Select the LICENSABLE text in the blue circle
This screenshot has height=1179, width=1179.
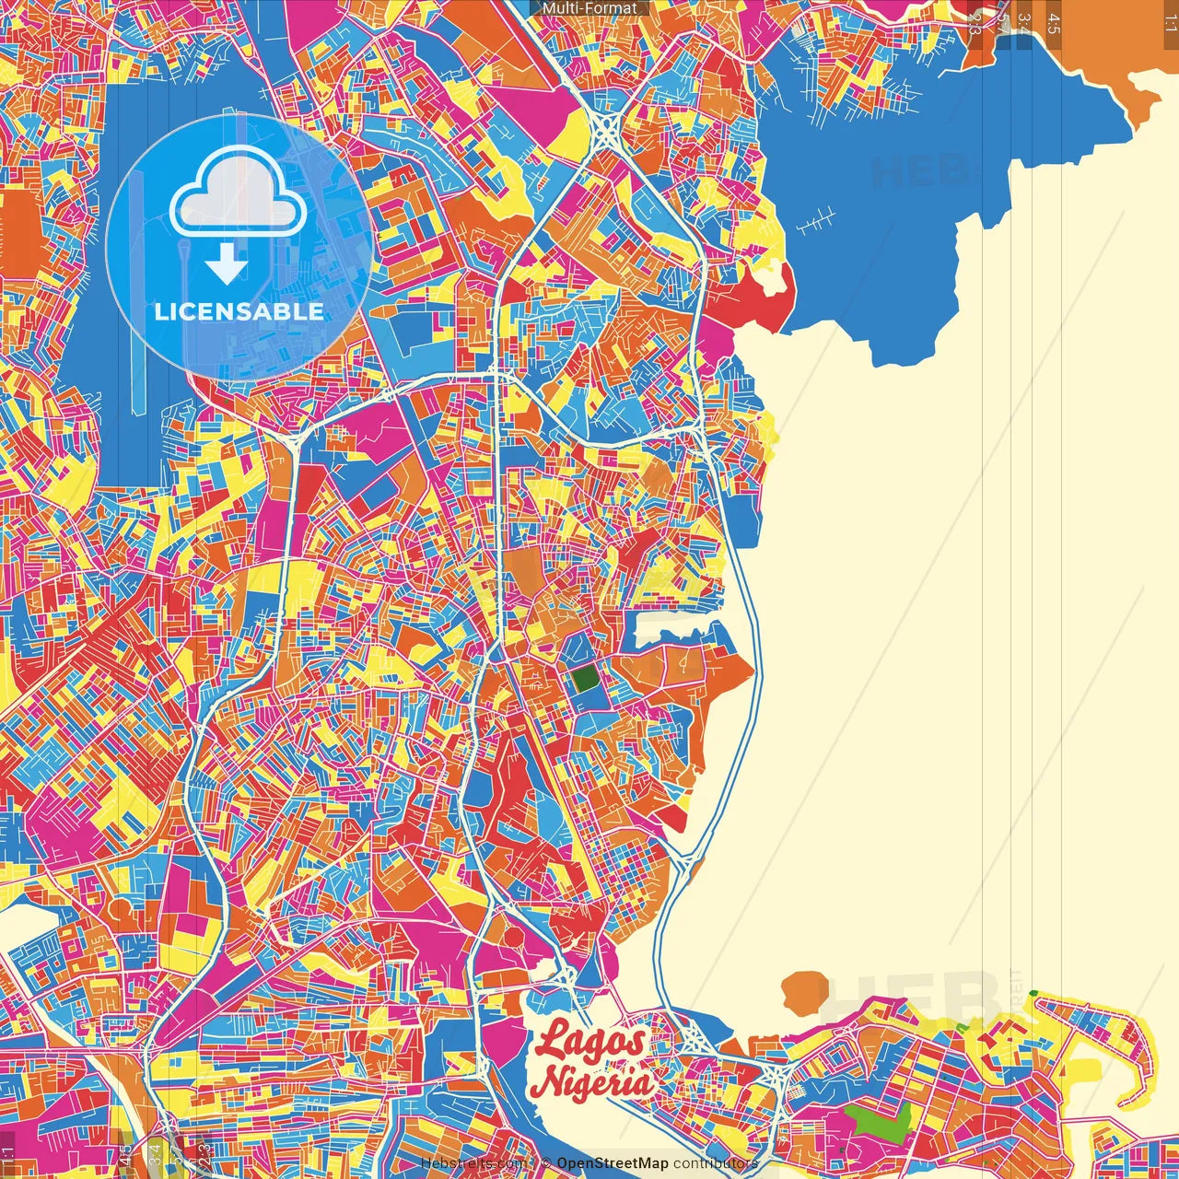click(x=239, y=311)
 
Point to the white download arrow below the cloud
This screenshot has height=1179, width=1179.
click(x=227, y=264)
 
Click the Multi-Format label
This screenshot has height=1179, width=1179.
click(x=589, y=8)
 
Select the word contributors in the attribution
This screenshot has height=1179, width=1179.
click(x=715, y=1163)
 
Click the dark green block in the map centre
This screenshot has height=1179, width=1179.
click(x=585, y=681)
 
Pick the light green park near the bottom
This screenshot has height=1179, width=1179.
click(x=879, y=1118)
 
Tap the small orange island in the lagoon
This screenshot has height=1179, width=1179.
click(x=804, y=992)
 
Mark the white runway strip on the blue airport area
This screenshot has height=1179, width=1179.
click(x=138, y=295)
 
